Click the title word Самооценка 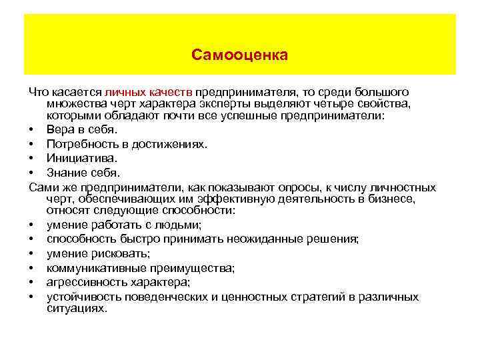[239, 55]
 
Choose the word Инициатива [81, 159]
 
